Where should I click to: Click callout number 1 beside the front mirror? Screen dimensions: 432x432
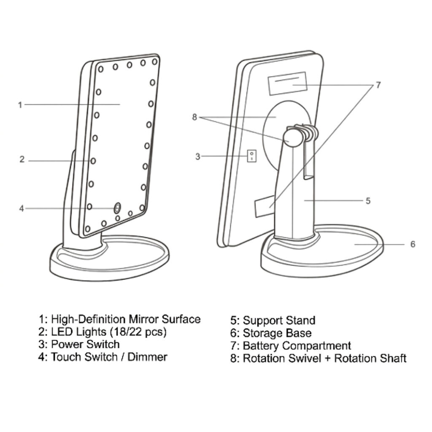coord(20,105)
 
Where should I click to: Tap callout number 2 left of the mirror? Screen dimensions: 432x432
coord(22,159)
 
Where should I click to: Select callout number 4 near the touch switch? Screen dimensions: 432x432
coord(22,208)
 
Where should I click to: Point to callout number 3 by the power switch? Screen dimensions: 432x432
coord(197,157)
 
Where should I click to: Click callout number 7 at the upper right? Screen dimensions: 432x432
coord(378,85)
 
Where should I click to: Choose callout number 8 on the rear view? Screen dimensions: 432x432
coord(194,117)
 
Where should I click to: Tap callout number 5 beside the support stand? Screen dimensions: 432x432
coord(368,200)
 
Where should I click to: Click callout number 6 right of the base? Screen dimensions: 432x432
coord(413,244)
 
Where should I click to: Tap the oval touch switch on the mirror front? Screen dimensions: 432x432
coord(117,208)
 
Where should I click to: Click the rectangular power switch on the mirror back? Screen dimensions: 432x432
coord(251,156)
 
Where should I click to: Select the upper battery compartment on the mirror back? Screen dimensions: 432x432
coord(287,84)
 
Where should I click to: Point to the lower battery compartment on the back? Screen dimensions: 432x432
coord(265,206)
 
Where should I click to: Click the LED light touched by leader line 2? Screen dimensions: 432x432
coord(93,160)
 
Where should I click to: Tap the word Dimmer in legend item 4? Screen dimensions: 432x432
coord(147,357)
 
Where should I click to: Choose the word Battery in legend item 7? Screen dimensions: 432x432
coord(261,346)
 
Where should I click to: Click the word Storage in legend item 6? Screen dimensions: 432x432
coord(262,333)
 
